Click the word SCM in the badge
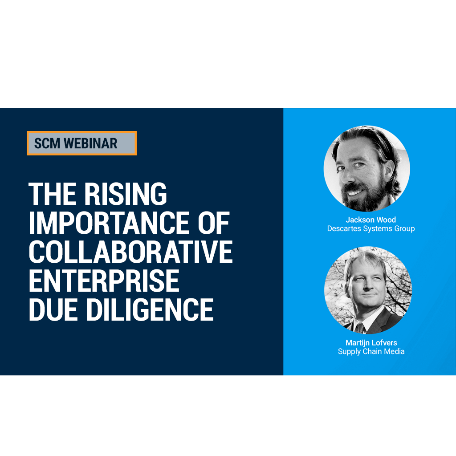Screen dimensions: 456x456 [x=47, y=143]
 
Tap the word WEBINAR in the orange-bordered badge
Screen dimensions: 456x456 [x=91, y=143]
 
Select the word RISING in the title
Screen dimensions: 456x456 [x=126, y=194]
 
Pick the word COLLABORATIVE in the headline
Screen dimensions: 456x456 [x=131, y=252]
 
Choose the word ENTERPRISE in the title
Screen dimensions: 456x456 [x=104, y=281]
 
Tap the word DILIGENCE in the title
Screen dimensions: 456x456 [x=150, y=309]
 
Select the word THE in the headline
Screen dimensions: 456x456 [x=53, y=194]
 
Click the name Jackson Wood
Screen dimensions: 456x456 [x=371, y=220]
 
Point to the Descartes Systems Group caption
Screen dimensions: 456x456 [x=371, y=228]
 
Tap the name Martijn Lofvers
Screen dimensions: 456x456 [x=371, y=342]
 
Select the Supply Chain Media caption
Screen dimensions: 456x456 [x=371, y=351]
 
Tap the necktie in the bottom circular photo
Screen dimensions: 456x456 [x=360, y=328]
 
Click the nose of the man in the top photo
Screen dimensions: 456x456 [x=348, y=174]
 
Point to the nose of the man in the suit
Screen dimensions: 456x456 [x=367, y=285]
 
